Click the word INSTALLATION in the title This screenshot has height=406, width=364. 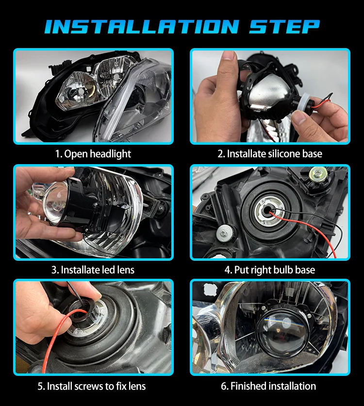[x=142, y=26]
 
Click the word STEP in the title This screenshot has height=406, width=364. [x=284, y=26]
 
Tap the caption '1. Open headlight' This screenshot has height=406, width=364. [x=93, y=154]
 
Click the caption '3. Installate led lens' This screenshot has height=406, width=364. [x=93, y=270]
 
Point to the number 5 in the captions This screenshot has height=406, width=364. [x=40, y=386]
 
